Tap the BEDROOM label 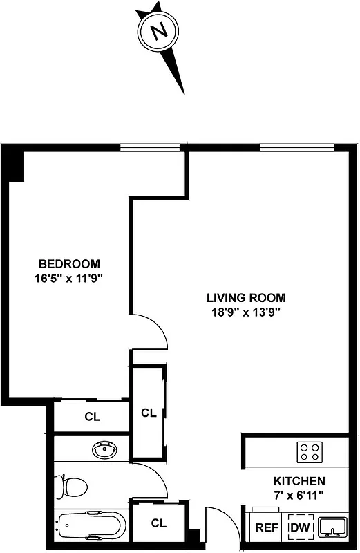click(69, 263)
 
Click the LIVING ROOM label click(246, 298)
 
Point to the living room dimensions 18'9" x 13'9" click(246, 312)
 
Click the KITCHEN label click(299, 481)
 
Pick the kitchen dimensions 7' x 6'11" click(299, 495)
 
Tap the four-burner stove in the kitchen click(309, 452)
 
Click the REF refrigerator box click(267, 528)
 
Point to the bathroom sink click(106, 451)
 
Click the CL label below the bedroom click(92, 417)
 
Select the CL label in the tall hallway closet click(149, 413)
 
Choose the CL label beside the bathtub click(159, 523)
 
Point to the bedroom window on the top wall click(150, 147)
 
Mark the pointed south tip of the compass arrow click(184, 93)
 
